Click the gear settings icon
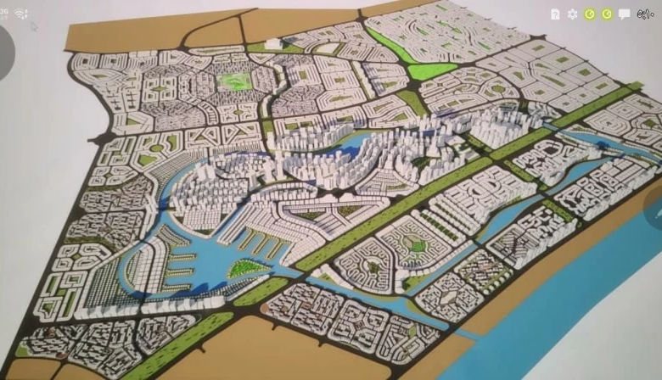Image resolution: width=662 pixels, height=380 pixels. pos(572,14)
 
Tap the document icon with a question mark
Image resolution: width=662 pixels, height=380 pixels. pos(555,14)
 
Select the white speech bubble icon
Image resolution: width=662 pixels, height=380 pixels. pos(625,14)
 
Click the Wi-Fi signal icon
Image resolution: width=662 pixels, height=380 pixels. pos(20,14)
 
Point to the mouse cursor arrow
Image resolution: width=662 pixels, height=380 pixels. pos(34,26)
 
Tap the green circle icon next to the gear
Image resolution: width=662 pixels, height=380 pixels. pos(589,14)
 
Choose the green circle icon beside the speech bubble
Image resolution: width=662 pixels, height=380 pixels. pos(607,14)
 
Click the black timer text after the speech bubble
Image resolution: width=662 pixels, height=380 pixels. pos(646,14)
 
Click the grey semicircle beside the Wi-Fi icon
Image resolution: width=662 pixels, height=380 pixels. pos(5,51)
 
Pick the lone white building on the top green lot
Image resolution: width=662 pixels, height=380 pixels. pos(273,43)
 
